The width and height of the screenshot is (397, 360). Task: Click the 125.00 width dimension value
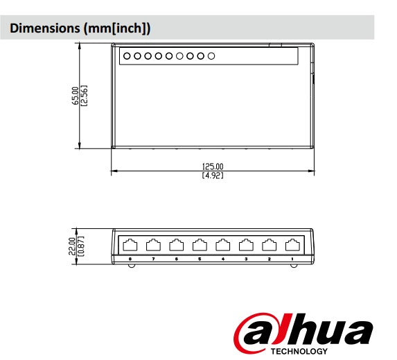[x=213, y=166]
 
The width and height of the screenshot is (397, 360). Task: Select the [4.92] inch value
[x=213, y=175]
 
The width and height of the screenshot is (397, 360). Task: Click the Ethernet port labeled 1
[x=292, y=244]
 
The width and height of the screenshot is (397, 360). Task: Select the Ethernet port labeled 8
[x=131, y=244]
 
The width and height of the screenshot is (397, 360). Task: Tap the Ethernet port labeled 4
[x=223, y=244]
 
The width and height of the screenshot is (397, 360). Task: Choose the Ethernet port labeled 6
[x=177, y=244]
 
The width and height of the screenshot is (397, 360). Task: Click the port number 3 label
[x=246, y=258]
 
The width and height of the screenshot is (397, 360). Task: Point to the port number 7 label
[x=154, y=258]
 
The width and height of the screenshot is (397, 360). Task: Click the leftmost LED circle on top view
[x=127, y=55]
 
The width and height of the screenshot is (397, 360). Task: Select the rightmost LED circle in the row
[x=211, y=55]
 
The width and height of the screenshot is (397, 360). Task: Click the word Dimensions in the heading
[x=44, y=28]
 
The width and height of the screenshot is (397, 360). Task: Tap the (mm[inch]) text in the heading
[x=116, y=28]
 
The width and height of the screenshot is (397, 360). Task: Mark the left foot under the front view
[x=129, y=268]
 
